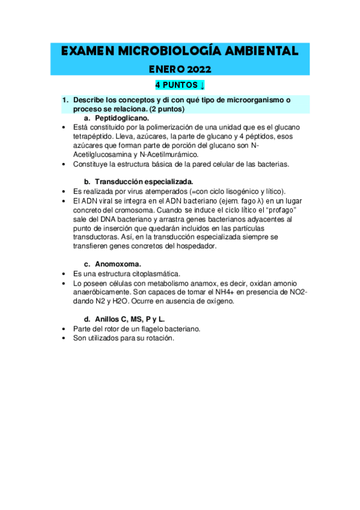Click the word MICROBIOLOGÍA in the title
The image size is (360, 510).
click(x=169, y=51)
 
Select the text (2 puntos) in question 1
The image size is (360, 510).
click(x=164, y=110)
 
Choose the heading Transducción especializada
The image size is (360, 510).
click(x=144, y=181)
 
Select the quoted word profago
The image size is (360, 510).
click(x=281, y=210)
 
